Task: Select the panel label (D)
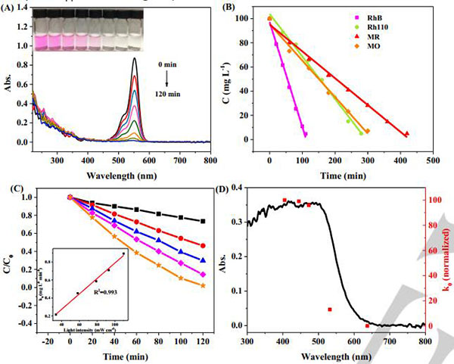coord(225,191)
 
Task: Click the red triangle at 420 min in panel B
coord(407,133)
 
